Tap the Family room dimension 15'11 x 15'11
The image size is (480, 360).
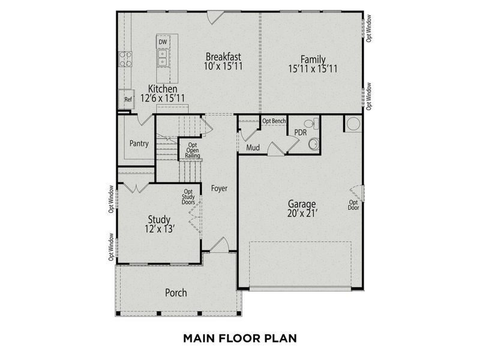point(313,69)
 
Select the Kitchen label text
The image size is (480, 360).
point(163,89)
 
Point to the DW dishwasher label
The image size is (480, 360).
point(163,42)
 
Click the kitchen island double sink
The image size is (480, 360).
point(163,57)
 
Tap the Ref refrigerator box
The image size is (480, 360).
point(128,100)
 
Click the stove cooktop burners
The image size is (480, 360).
point(125,59)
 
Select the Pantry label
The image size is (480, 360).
point(139,144)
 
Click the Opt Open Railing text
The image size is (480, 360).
point(193,151)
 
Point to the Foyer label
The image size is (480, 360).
point(219,188)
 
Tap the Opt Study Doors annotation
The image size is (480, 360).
point(188,197)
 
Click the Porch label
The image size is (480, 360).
point(176,293)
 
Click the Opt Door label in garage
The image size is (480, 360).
point(353,205)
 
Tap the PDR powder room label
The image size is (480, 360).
point(300,131)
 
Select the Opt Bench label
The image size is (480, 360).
point(274,121)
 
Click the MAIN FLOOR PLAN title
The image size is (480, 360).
point(240,338)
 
